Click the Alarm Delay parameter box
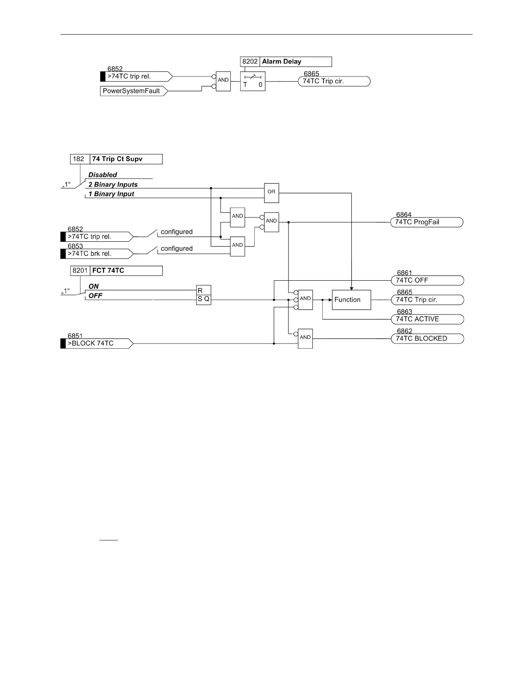pos(286,62)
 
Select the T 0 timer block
pos(253,81)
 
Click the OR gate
pos(271,193)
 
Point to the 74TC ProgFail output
pos(426,222)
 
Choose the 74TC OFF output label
pos(427,280)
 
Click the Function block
pos(351,299)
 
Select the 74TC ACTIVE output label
pos(427,319)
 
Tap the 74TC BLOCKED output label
pos(427,338)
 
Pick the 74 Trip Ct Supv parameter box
pos(116,159)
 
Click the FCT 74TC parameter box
pos(116,270)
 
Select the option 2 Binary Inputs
pos(113,185)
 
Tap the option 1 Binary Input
pos(111,194)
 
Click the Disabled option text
pos(103,175)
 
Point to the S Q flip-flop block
pos(203,295)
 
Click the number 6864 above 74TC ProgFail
pos(404,215)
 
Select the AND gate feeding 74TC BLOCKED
pos(305,338)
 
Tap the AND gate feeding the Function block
pos(305,299)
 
